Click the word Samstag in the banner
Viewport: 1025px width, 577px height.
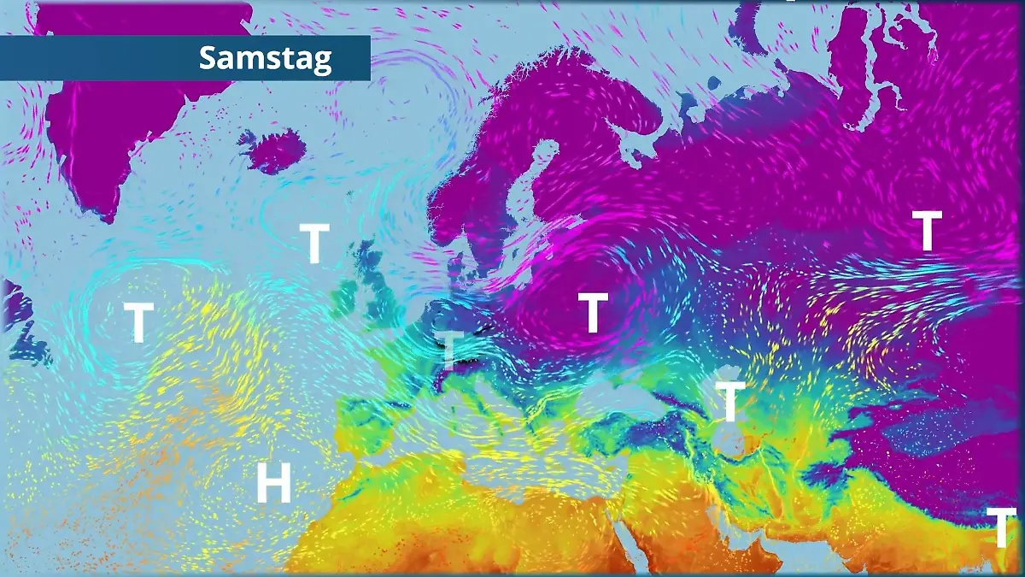[x=265, y=58]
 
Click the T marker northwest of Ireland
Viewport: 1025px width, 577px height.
[x=314, y=244]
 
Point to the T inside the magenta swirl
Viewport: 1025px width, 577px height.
[x=592, y=312]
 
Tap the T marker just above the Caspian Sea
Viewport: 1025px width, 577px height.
[x=729, y=402]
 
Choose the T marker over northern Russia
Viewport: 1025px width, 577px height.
[x=927, y=231]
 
